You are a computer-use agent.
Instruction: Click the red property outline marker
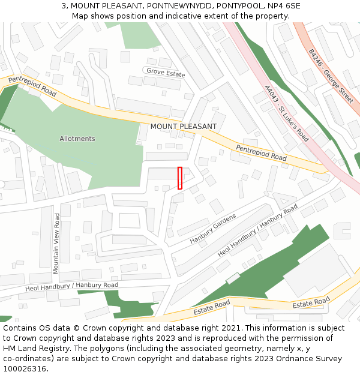pos(179,178)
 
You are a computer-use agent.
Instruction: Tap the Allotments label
pos(77,139)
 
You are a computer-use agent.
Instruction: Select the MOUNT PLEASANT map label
pos(183,127)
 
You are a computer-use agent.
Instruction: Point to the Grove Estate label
pos(166,72)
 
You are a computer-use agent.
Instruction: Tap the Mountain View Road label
pos(56,243)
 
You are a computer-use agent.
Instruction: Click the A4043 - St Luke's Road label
pos(286,113)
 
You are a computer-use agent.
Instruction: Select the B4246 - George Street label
pos(331,76)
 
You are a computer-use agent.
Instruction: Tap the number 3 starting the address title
pos(64,6)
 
